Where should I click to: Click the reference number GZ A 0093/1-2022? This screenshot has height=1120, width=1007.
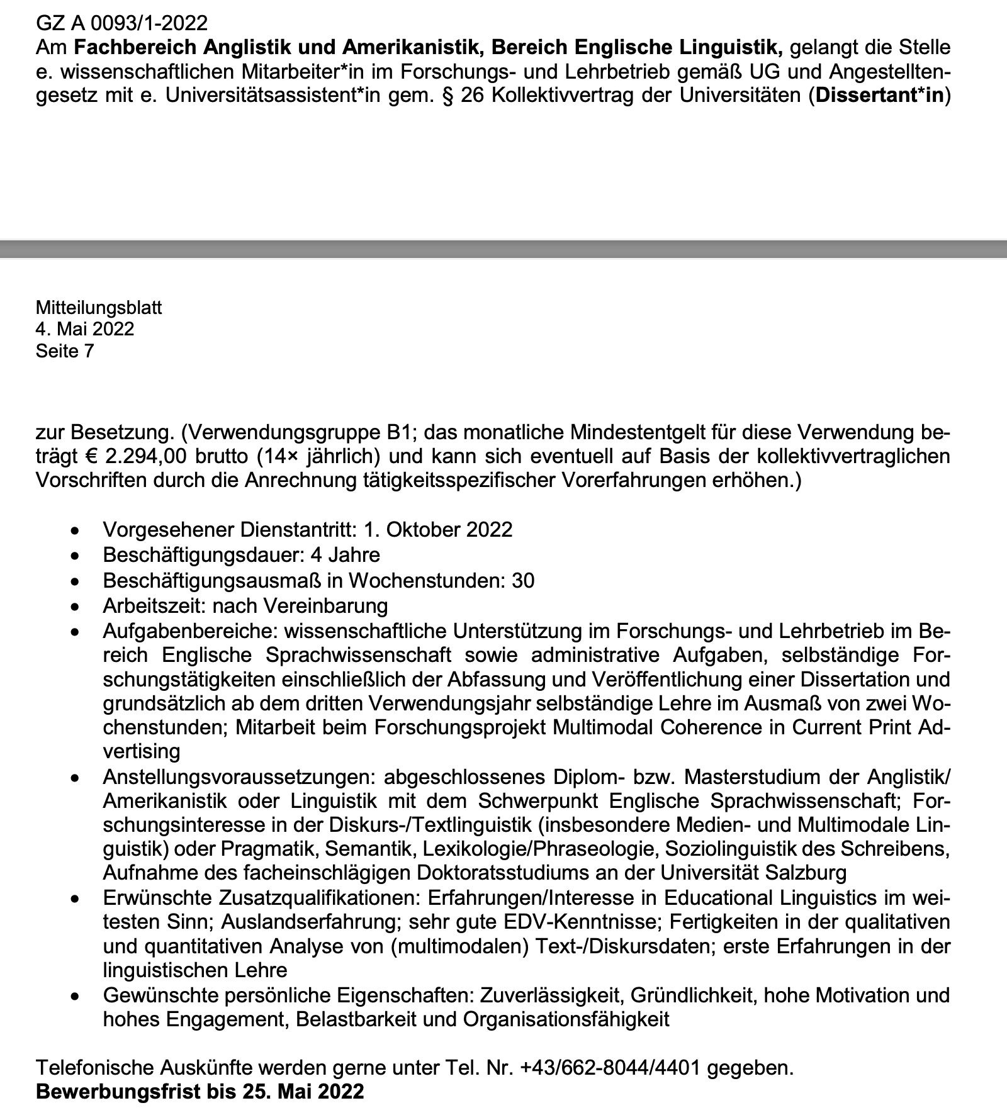coord(121,23)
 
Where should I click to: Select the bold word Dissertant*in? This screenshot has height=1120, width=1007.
coord(880,98)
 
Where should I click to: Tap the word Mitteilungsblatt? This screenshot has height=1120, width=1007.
coord(99,308)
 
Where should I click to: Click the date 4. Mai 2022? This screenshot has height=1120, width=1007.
coord(85,329)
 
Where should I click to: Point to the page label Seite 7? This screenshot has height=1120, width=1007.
coord(65,350)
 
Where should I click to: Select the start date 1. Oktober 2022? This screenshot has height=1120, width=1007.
coord(438,529)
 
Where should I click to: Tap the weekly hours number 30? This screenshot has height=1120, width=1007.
coord(523,580)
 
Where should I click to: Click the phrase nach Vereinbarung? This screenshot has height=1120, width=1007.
coord(300,606)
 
